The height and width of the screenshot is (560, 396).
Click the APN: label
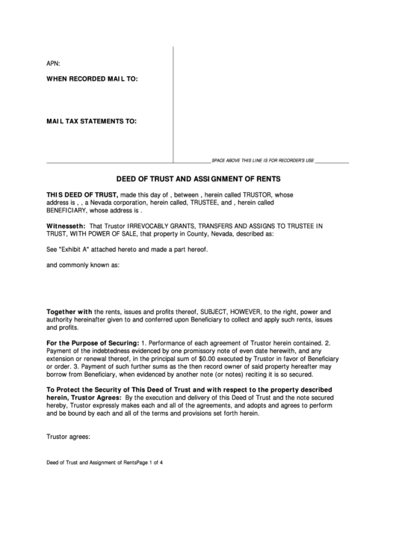(54, 64)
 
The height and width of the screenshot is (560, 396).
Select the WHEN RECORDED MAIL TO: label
(92, 79)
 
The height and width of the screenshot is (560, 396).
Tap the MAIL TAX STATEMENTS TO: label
(92, 120)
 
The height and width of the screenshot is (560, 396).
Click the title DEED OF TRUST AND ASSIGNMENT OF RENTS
(198, 179)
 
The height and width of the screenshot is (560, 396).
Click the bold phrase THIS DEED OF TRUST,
(82, 194)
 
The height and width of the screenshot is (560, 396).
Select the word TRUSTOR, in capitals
(256, 194)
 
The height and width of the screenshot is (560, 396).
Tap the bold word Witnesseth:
(66, 225)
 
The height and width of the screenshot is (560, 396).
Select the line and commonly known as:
(83, 265)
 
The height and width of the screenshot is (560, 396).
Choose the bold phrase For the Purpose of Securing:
(93, 342)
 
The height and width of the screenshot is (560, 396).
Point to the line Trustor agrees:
(68, 437)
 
